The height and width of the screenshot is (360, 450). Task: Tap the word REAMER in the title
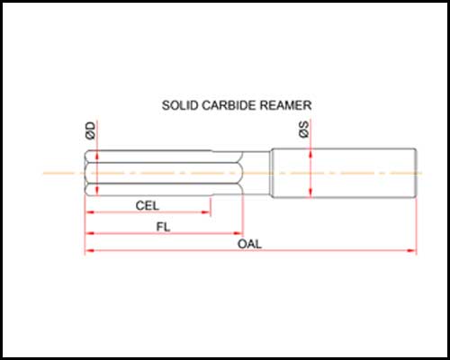tap(285, 105)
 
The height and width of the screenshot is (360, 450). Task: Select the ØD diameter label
tap(91, 130)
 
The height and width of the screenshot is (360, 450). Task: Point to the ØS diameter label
tap(304, 130)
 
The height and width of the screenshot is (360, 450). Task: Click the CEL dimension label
tap(147, 206)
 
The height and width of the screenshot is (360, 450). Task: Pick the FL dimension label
tap(163, 227)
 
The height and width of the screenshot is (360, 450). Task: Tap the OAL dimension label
tap(249, 244)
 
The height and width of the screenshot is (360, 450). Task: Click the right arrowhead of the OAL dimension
tap(411, 250)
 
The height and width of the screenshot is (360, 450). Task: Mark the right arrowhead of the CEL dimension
tap(206, 212)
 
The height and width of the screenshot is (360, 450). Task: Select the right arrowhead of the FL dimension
tap(238, 233)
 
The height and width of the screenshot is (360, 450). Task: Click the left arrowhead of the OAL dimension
tap(90, 250)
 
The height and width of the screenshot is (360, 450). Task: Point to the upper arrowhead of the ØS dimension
tap(310, 154)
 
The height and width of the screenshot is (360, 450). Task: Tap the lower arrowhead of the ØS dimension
tap(310, 193)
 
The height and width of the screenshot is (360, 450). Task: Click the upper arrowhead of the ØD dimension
tap(97, 156)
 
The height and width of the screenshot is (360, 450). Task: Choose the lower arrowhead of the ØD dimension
tap(97, 191)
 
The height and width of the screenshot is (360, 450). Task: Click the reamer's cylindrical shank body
tap(344, 173)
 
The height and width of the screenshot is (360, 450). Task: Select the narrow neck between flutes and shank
tap(256, 173)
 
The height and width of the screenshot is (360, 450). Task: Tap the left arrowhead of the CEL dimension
tap(90, 212)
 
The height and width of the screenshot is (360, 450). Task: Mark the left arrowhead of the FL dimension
tap(90, 233)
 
